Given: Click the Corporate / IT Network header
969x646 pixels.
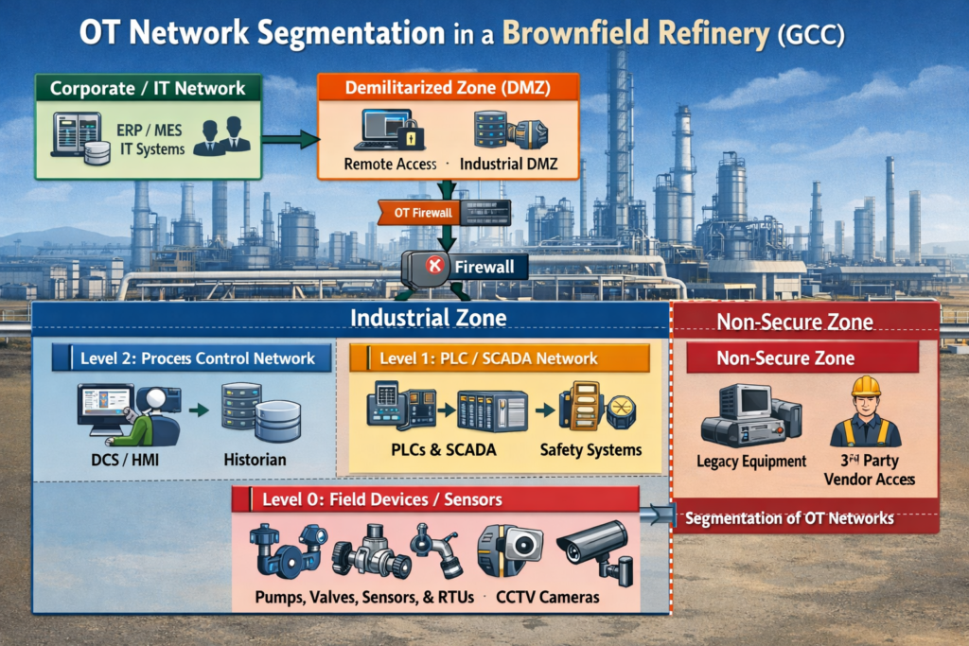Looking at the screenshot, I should click(147, 89).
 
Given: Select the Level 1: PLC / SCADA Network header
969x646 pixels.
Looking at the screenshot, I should click(499, 358).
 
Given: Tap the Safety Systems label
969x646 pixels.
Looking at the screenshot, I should click(590, 449).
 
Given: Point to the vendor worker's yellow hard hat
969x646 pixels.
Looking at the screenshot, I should click(865, 386).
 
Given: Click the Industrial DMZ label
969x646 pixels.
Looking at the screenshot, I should click(508, 165).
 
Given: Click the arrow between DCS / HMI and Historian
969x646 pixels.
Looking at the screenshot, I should click(197, 411).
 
